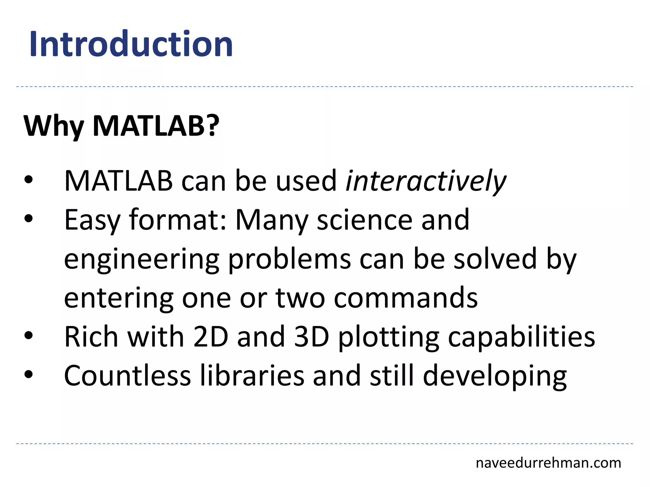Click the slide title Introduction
point(131,44)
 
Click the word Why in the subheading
point(53,126)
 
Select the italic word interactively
point(426,181)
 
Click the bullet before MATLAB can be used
point(28,180)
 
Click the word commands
point(406,298)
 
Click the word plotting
point(388,338)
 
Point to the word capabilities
point(521,338)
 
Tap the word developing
point(494,377)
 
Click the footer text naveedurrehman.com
point(548,463)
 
